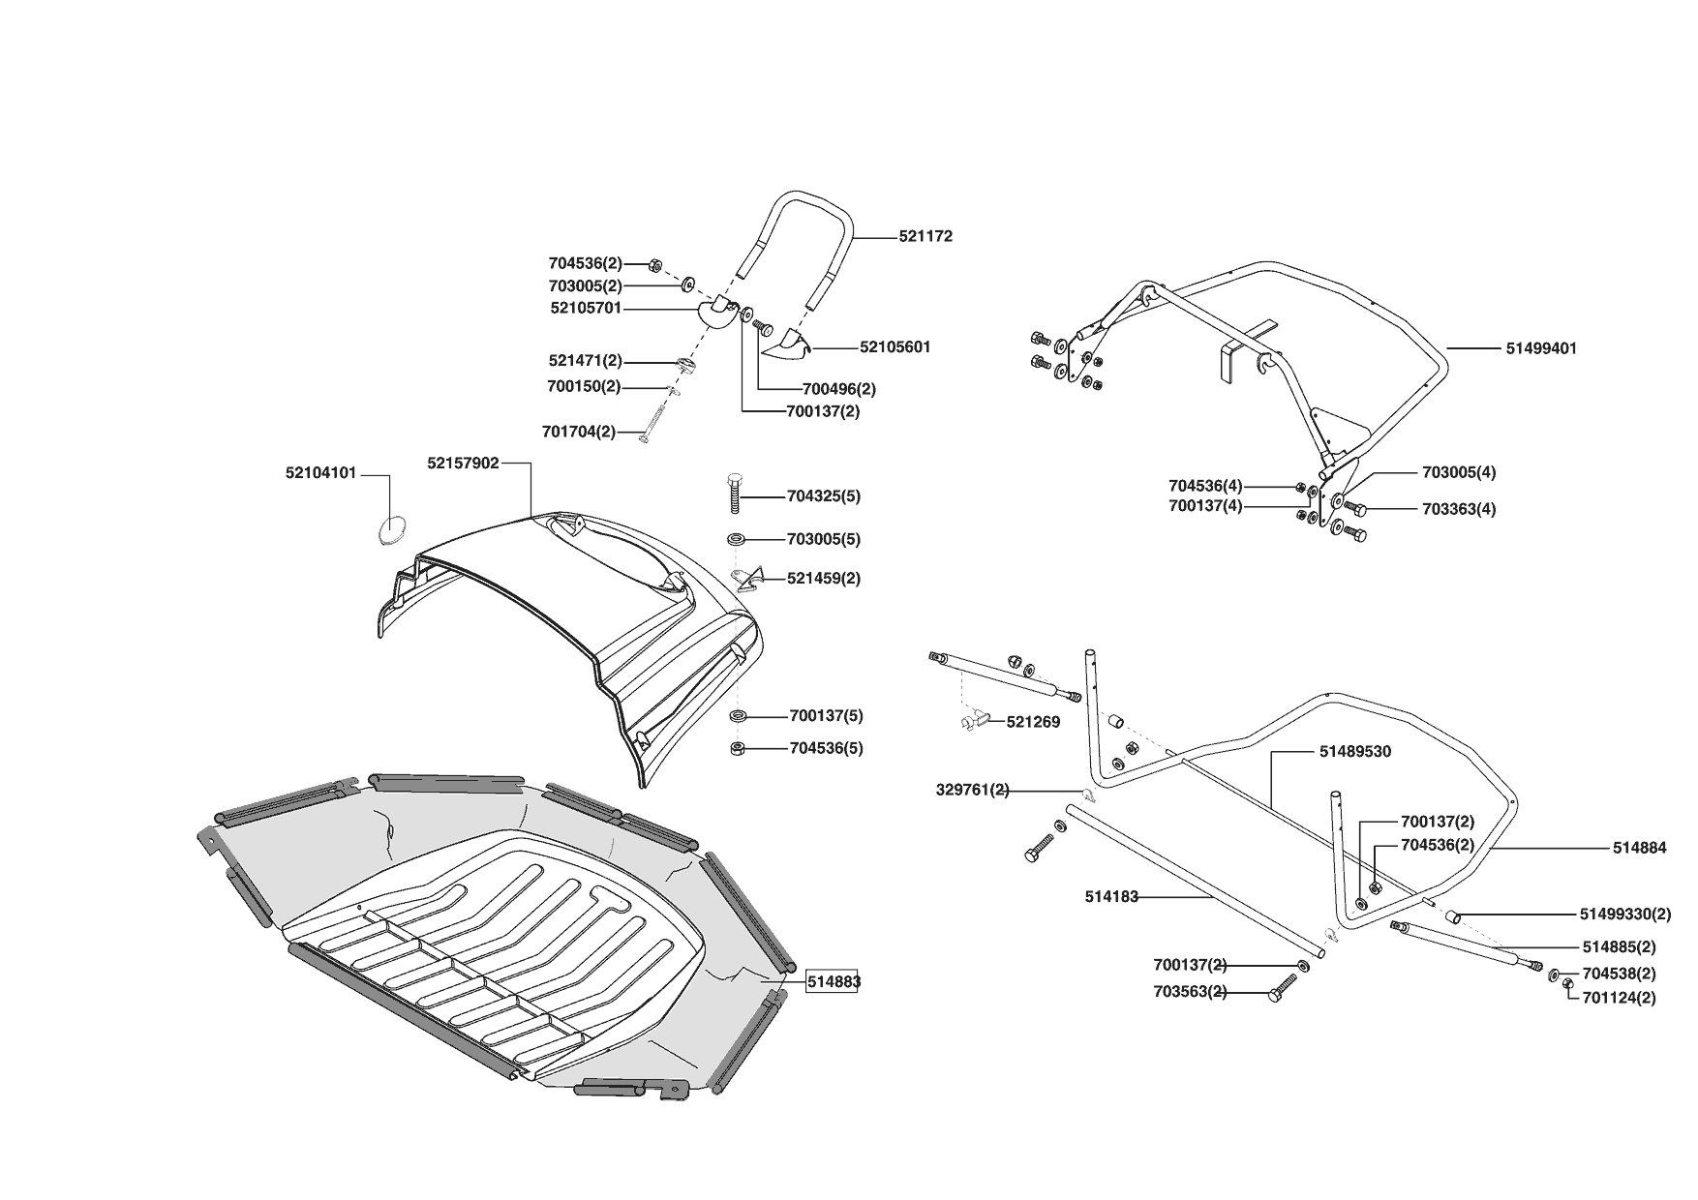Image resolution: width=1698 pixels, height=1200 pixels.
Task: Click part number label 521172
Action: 925,236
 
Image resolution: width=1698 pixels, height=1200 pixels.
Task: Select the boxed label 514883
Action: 834,981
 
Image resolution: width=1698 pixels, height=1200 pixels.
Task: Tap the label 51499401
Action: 1541,348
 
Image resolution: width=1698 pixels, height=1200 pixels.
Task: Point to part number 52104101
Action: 320,473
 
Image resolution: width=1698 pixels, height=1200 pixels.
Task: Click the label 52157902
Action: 463,464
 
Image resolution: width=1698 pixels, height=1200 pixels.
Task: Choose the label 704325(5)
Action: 823,496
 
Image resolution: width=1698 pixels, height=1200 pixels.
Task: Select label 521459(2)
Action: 823,579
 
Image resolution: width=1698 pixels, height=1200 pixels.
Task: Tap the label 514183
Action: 1111,897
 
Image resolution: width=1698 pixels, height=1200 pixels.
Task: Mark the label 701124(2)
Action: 1619,998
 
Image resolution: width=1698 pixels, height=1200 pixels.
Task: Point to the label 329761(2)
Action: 972,790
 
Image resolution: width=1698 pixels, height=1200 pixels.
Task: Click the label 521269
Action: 1033,722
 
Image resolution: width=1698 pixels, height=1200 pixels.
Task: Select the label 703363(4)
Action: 1458,509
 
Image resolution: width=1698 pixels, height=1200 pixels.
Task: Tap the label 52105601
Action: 894,346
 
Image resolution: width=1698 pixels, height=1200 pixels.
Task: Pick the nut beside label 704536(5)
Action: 737,748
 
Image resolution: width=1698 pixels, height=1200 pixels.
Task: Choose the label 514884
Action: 1639,849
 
